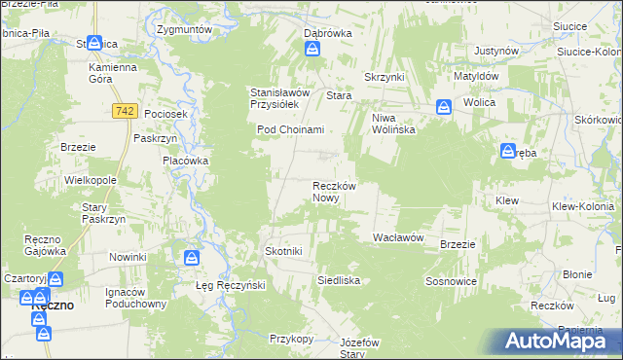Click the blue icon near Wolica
[443, 107]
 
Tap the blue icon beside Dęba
[507, 151]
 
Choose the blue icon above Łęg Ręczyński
[192, 258]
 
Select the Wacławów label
[397, 237]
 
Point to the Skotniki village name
[284, 251]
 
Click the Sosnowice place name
[449, 280]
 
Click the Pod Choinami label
[289, 129]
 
